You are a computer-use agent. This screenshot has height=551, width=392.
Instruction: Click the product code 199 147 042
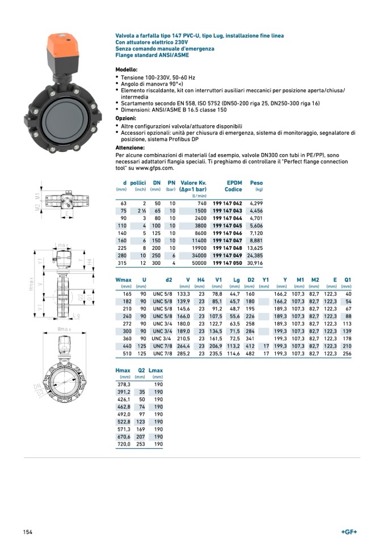point(227,203)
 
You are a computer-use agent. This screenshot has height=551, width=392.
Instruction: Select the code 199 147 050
point(227,263)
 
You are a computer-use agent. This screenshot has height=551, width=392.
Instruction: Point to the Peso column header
point(256,183)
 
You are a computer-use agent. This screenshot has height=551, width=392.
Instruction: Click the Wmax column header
point(123,280)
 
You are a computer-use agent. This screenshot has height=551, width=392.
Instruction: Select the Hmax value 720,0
point(123,444)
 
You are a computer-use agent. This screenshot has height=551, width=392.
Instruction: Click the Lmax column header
point(155,370)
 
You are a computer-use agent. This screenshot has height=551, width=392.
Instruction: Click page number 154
point(28,532)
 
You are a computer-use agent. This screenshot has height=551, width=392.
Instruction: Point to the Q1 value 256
point(347,354)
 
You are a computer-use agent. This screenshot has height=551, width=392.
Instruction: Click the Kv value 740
point(201,203)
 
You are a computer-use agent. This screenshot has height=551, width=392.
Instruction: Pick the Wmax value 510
point(127,354)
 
